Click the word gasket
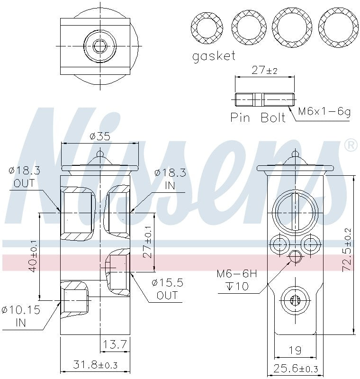[213, 56]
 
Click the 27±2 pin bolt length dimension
[264, 71]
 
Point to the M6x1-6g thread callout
[324, 112]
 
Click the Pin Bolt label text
[258, 117]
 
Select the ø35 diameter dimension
[99, 136]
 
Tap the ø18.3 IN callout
[170, 179]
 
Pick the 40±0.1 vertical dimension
[33, 256]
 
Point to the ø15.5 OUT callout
[167, 289]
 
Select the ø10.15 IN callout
[21, 316]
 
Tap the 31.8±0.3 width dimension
[95, 365]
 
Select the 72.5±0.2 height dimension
[347, 249]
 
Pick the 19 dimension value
[295, 351]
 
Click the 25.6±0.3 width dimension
[295, 369]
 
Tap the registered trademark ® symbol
[350, 145]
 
